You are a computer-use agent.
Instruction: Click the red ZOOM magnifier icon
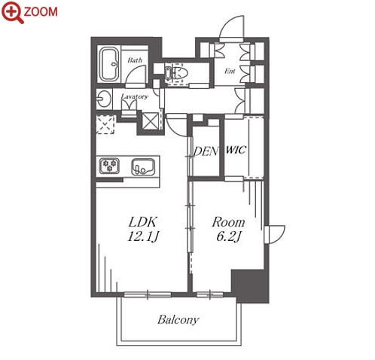click(x=12, y=12)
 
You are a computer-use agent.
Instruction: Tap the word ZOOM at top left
click(x=41, y=12)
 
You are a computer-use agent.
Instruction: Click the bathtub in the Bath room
click(x=109, y=64)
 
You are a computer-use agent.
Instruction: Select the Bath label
click(x=135, y=60)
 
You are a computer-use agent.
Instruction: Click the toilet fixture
click(x=176, y=73)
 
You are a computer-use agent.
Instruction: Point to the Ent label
click(x=230, y=72)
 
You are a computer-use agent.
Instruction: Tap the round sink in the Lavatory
click(x=103, y=99)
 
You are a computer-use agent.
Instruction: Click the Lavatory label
click(x=135, y=96)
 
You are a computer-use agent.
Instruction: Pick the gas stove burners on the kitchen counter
click(x=109, y=166)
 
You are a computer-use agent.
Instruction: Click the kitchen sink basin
click(x=143, y=166)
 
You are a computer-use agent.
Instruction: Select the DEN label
click(x=206, y=151)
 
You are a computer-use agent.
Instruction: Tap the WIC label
click(x=236, y=150)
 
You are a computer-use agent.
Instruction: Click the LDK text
click(x=143, y=222)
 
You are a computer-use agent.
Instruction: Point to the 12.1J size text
click(x=143, y=236)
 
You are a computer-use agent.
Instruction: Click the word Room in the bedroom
click(x=228, y=222)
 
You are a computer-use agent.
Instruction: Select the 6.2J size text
click(x=229, y=236)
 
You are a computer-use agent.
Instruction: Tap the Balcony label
click(x=178, y=320)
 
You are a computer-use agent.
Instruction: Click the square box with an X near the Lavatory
click(x=150, y=121)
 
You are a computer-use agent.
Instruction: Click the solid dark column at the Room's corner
click(x=250, y=286)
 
